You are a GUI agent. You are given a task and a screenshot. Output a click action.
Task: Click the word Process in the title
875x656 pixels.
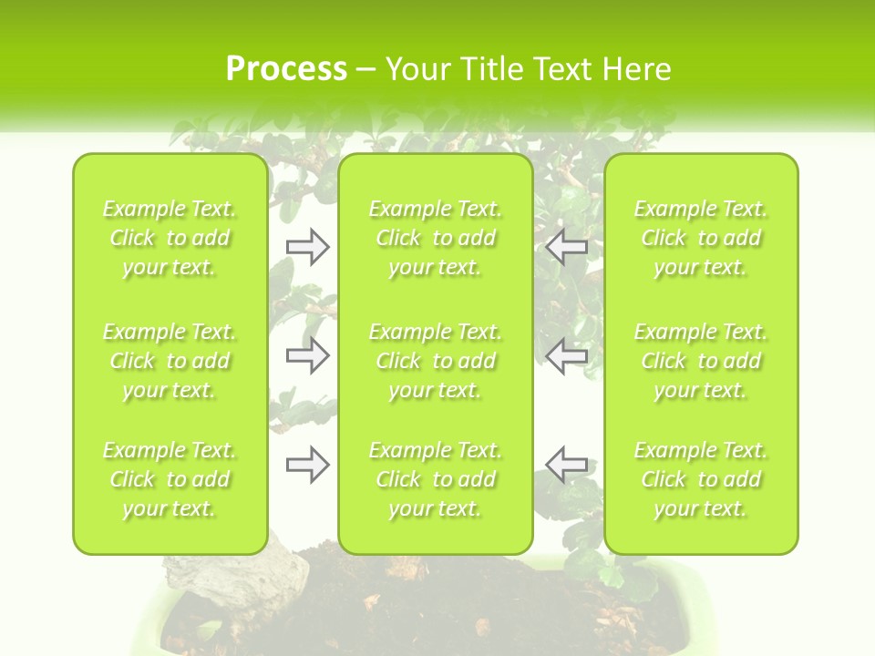286,69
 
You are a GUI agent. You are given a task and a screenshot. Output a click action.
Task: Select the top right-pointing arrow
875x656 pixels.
308,247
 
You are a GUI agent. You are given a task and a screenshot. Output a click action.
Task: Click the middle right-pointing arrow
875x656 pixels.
308,356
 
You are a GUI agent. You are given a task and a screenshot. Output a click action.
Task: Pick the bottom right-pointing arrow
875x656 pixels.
308,465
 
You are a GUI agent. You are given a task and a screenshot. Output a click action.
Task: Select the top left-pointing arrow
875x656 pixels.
566,247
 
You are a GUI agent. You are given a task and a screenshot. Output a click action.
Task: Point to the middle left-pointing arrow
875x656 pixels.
566,356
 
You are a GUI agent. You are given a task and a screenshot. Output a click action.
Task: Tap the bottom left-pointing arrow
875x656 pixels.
566,465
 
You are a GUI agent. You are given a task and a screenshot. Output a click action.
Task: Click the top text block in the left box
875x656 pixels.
170,238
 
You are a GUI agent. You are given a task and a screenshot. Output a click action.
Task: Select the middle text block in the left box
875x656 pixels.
170,361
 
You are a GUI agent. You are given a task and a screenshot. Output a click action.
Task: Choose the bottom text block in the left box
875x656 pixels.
170,479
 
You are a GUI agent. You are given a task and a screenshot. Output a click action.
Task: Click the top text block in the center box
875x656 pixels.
436,238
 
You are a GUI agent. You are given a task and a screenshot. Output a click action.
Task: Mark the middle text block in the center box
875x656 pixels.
436,361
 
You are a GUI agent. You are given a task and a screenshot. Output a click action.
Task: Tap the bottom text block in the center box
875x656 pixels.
436,479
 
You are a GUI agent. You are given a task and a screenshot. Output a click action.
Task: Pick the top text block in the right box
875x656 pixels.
701,238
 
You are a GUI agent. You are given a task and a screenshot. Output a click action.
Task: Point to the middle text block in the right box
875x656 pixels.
701,361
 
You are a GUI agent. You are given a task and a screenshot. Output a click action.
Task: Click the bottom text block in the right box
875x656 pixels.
701,479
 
